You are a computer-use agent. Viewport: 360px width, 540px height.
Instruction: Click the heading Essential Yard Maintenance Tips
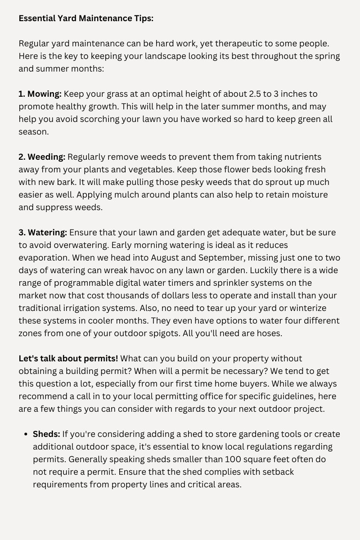(x=86, y=18)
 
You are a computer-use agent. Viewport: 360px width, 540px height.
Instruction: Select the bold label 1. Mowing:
(x=40, y=94)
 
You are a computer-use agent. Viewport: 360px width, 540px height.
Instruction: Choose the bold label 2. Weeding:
(x=42, y=157)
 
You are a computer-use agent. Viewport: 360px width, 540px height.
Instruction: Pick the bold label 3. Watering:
(x=43, y=233)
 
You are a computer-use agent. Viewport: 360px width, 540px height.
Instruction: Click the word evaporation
(x=44, y=258)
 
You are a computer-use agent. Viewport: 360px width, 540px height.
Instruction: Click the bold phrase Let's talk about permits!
(x=68, y=359)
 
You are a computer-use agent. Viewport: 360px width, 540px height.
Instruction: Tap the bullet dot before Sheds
(x=25, y=434)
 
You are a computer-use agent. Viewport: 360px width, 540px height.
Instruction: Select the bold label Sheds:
(x=46, y=434)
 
